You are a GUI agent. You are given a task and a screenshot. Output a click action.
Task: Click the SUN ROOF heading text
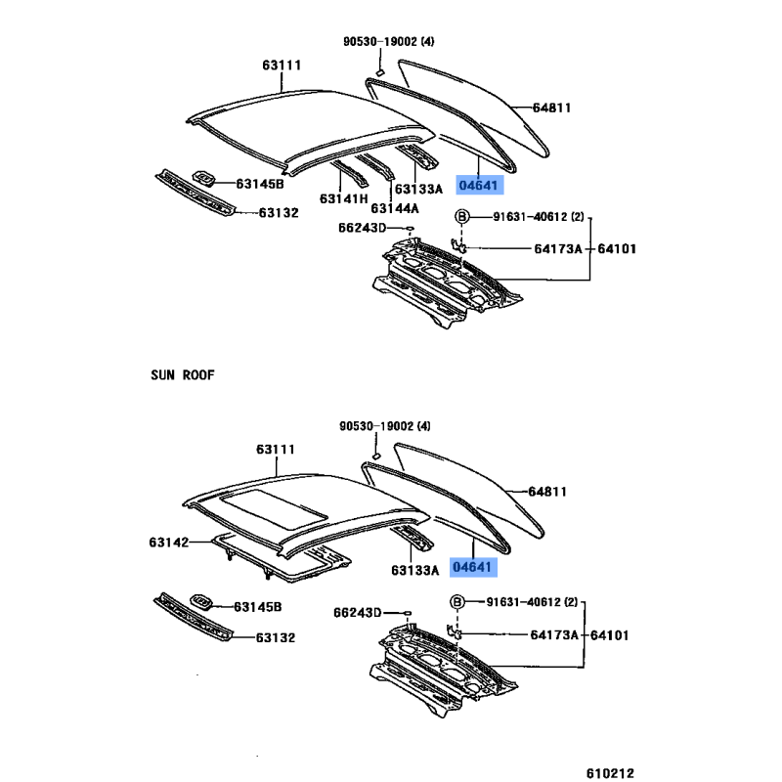tap(183, 375)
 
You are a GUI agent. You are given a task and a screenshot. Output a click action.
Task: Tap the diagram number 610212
tap(610, 773)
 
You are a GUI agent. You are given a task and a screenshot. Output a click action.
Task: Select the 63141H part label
tap(344, 198)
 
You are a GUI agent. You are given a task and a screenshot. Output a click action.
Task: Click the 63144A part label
tap(395, 208)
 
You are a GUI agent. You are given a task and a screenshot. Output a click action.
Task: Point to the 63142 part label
tap(168, 543)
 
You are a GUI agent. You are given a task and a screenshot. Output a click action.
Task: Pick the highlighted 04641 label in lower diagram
tap(473, 567)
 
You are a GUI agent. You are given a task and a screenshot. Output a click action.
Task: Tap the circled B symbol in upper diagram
tap(462, 216)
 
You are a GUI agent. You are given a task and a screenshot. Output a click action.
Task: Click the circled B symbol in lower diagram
tap(456, 602)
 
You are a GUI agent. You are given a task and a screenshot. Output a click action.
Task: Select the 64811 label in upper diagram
tap(551, 108)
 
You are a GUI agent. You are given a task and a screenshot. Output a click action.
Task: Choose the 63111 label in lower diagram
tap(276, 449)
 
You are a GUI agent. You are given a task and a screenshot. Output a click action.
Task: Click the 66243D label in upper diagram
tap(362, 228)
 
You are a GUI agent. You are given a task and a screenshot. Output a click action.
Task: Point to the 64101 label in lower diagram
tap(609, 634)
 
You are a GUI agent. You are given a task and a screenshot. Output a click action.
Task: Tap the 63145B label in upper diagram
tap(260, 184)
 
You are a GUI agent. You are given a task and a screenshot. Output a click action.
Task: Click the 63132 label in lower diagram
tap(276, 637)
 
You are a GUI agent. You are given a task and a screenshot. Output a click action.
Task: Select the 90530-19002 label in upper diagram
tap(380, 41)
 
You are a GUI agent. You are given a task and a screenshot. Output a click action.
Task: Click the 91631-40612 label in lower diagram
tap(524, 602)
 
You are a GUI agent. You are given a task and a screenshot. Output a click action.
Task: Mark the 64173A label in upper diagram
tap(558, 248)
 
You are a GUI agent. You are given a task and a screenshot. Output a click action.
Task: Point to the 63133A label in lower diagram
tap(414, 570)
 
